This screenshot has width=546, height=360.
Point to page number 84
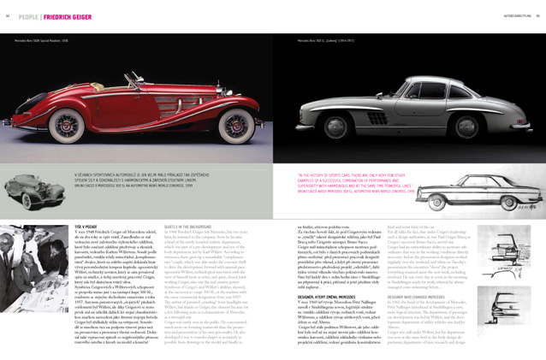pos(8,15)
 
